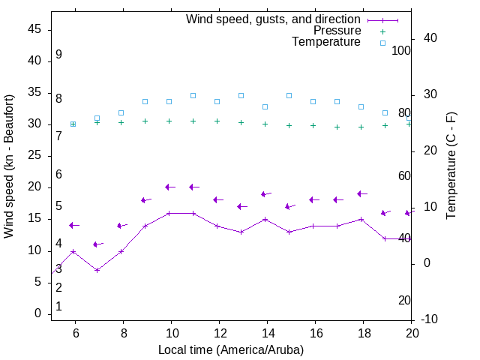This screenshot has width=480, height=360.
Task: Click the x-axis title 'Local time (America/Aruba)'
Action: pos(231,349)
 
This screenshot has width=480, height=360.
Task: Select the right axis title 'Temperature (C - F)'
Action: pos(451,166)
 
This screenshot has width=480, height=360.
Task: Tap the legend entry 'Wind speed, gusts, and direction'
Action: pos(273,19)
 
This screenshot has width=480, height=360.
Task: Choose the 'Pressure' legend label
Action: pos(336,31)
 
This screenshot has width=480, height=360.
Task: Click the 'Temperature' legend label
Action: pos(326,42)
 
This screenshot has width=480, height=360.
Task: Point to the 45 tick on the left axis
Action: pos(34,29)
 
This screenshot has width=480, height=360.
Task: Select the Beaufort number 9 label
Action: pos(58,55)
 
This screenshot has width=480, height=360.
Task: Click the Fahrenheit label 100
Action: pos(401,50)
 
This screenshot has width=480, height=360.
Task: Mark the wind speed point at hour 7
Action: pos(97,270)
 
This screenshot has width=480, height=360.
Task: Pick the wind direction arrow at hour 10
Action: pos(169,187)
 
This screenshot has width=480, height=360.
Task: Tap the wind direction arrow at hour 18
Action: pos(361,193)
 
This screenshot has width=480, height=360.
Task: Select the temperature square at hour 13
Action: pos(241,95)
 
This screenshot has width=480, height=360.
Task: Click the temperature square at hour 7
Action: pos(97,118)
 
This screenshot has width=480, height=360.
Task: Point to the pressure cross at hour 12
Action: pos(217,121)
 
